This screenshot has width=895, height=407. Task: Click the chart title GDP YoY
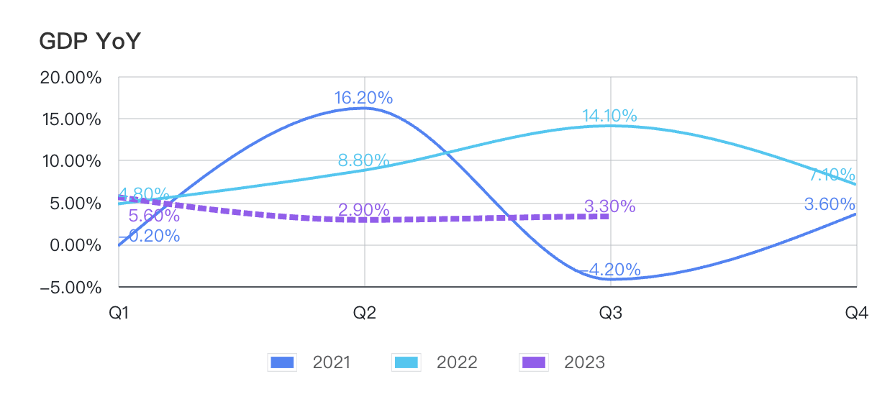coord(90,41)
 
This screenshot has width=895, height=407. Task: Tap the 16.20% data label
coord(363,98)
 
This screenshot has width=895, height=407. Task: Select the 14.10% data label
coord(609,116)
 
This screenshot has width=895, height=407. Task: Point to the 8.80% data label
coord(363,160)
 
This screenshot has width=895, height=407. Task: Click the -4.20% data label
coord(610,270)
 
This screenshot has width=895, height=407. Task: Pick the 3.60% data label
coord(830,204)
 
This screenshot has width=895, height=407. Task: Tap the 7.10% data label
coord(832,175)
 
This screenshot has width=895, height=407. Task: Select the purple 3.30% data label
coord(609,206)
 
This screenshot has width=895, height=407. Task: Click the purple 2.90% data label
coord(363,210)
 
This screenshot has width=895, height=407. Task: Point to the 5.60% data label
coord(154,216)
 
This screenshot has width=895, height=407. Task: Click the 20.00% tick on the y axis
coord(71,78)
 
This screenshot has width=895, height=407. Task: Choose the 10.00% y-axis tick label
coord(71,161)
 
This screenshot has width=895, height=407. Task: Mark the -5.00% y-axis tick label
coord(71,288)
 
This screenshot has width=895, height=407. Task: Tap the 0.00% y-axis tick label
coord(76,245)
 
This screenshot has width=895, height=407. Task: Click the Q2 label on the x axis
coord(364,313)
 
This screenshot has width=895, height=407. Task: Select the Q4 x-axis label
coord(857,313)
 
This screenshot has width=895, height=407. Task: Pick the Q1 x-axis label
coord(119,313)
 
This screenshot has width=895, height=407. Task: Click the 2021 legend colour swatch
coord(282,362)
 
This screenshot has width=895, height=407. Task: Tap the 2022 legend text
coord(457,362)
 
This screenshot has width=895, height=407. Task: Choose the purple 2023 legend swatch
coord(534,362)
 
